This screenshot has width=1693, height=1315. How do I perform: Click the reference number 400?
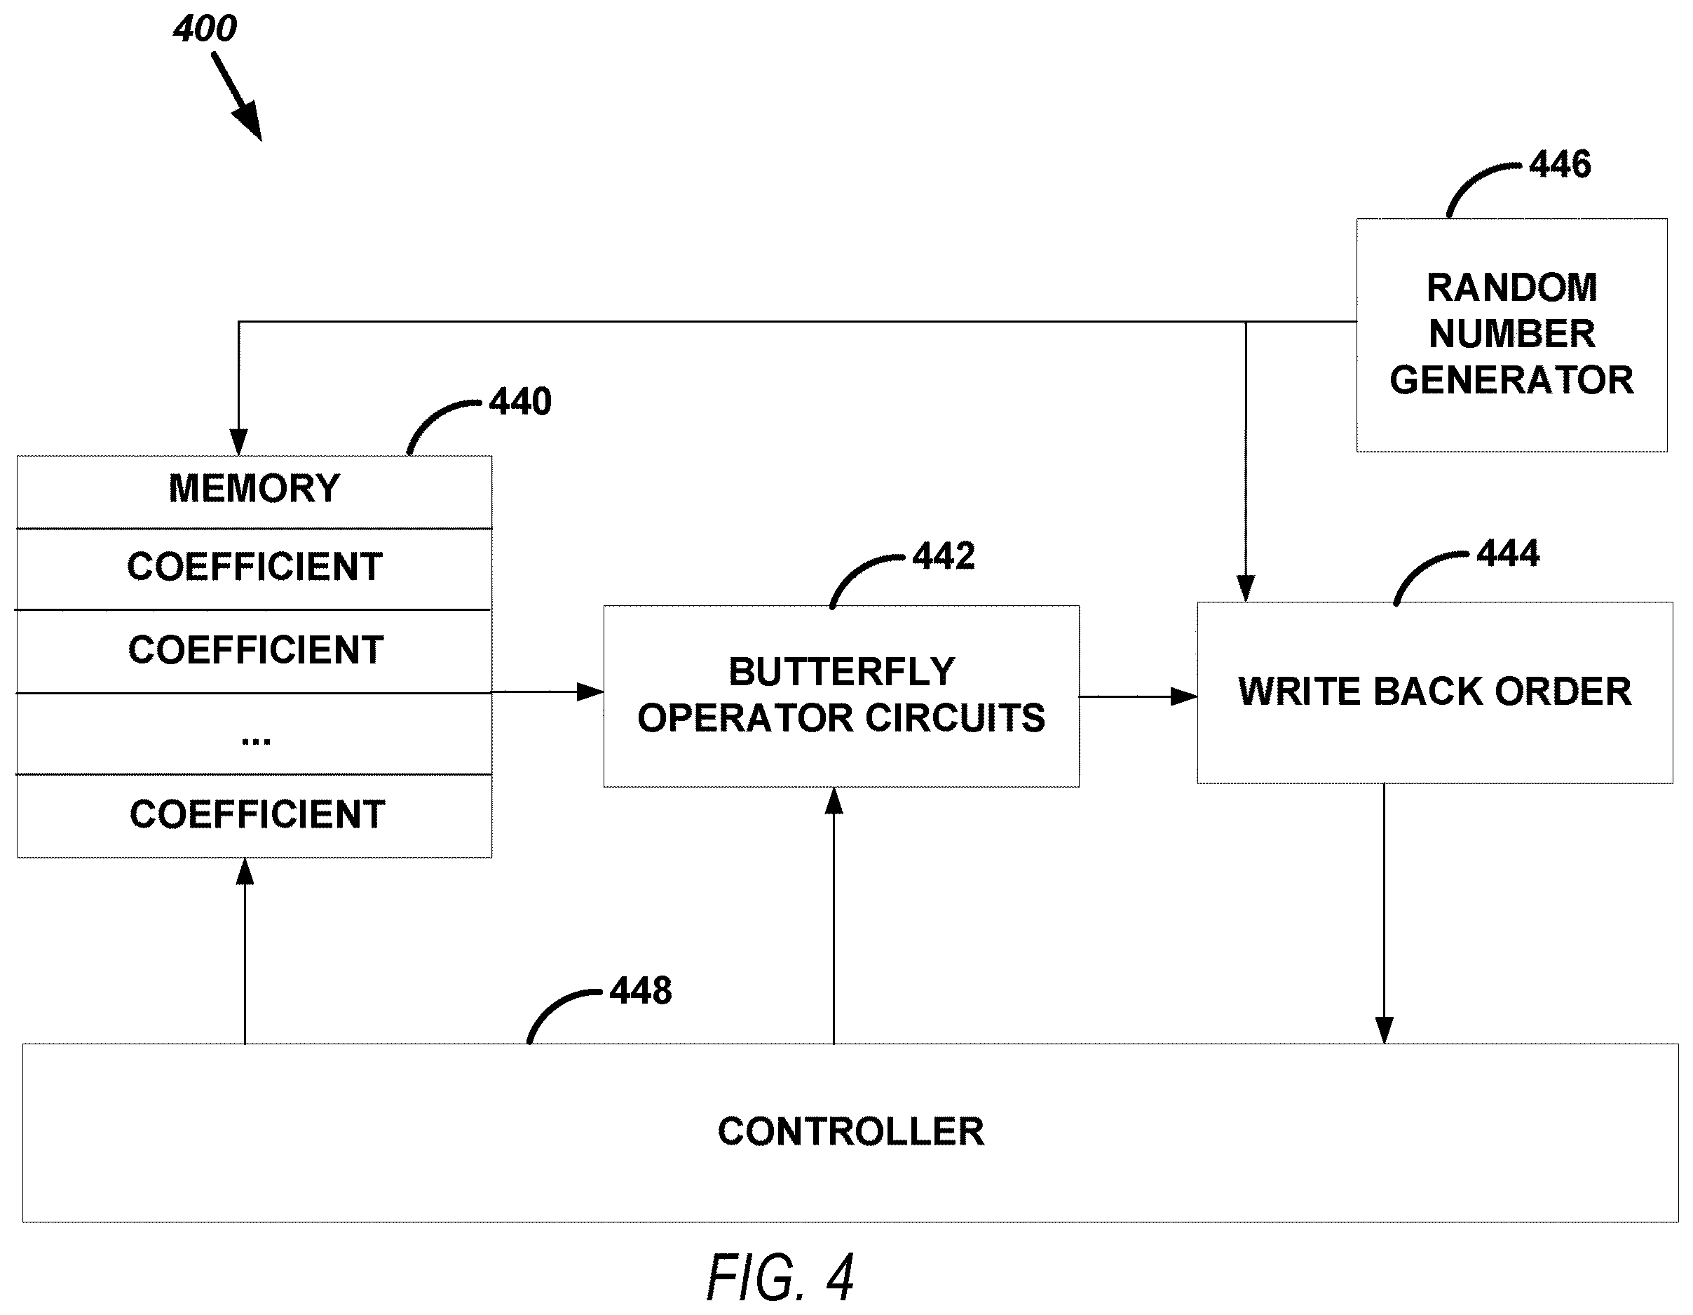coord(205,29)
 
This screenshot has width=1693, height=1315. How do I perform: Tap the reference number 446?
coord(1560,164)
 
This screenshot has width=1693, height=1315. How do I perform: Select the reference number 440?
coord(520,402)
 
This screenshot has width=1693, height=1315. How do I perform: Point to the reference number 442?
coord(944,556)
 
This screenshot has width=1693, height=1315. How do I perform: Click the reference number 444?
coord(1508,553)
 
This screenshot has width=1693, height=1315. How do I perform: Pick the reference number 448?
coord(640,991)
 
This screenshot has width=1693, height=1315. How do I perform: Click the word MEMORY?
coord(254,488)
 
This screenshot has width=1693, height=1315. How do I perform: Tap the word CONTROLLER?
coord(850,1131)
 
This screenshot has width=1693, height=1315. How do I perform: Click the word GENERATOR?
coord(1511,380)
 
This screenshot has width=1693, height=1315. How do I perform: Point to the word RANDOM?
coord(1511,288)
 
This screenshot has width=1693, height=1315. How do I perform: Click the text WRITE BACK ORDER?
coord(1435,691)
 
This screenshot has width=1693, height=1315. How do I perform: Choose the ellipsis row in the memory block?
coord(254,734)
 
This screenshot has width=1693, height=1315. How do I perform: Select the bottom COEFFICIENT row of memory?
coord(254,816)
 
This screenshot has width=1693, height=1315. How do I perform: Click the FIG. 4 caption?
coord(780,1277)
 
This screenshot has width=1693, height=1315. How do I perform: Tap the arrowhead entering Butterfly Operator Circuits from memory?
coord(591,691)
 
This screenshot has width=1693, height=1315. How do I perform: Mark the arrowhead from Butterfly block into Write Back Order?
coord(1184,696)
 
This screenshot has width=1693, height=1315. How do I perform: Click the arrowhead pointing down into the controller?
coord(1385,1030)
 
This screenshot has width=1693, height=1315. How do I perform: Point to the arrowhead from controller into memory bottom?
coord(245,872)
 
